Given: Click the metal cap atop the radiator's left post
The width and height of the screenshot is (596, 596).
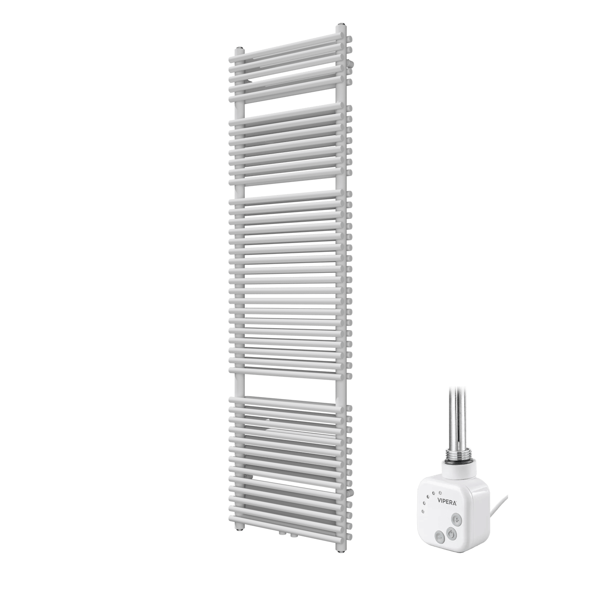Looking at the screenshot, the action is [x=240, y=48].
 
